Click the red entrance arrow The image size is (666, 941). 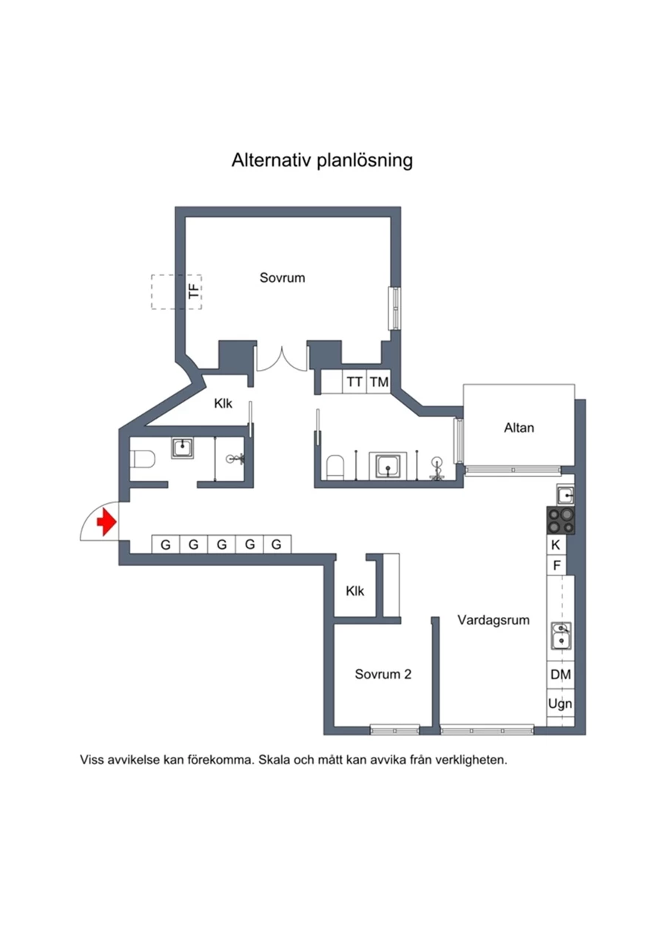[107, 522]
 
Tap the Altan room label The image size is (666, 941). [519, 428]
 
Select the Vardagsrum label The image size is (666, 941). [494, 620]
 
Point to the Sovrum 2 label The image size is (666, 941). [383, 674]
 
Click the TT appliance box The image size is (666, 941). [354, 382]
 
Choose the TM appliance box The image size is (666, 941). [379, 382]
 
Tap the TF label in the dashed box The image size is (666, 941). [194, 291]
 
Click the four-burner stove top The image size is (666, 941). [560, 521]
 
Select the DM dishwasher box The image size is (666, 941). [560, 675]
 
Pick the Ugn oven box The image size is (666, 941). [560, 704]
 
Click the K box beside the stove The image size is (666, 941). [556, 545]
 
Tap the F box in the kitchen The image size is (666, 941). [556, 565]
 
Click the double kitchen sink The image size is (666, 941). [561, 635]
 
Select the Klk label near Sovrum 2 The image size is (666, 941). [355, 591]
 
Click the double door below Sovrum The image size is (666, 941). [282, 360]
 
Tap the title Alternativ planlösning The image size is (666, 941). [323, 160]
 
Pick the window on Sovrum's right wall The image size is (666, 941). [394, 308]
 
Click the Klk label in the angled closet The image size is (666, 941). [223, 403]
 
